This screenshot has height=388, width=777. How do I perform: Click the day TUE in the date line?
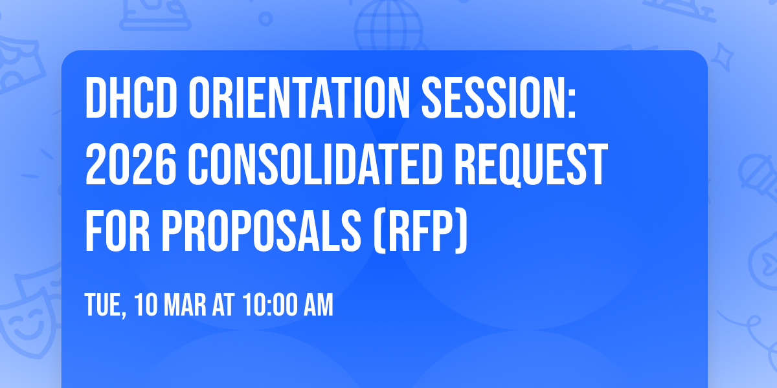click(105, 305)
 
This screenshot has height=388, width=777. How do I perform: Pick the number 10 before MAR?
click(146, 305)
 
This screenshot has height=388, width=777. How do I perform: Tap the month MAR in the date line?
click(185, 305)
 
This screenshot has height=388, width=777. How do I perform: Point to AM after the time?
click(317, 305)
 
